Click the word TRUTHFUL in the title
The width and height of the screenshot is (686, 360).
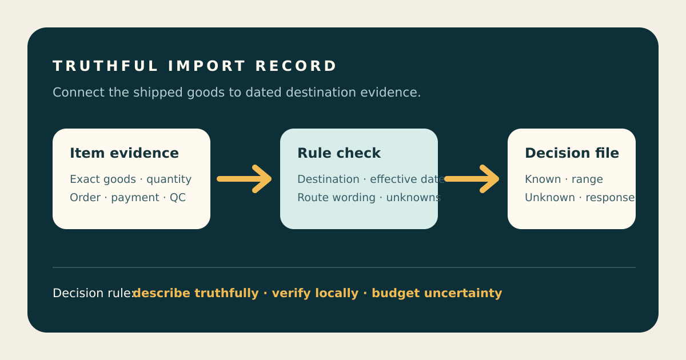click(x=105, y=66)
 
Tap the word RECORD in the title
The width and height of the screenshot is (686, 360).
click(x=296, y=66)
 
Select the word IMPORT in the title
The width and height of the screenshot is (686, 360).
click(x=207, y=66)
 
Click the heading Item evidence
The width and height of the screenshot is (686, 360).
click(x=124, y=153)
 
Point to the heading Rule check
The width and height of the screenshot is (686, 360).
click(x=339, y=153)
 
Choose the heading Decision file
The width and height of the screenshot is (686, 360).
click(x=572, y=153)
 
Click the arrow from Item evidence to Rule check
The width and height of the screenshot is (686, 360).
click(x=244, y=179)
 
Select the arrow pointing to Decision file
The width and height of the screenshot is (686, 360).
click(x=472, y=179)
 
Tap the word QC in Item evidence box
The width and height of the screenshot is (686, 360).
click(x=178, y=198)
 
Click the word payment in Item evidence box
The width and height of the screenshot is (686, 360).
click(x=135, y=198)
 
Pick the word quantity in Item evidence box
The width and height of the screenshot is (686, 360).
click(x=169, y=179)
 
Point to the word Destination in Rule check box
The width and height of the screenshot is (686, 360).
click(x=328, y=179)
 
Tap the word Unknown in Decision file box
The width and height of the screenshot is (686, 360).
click(x=550, y=198)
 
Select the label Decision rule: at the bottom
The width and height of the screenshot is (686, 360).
click(x=94, y=293)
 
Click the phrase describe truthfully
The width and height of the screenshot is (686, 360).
click(x=196, y=293)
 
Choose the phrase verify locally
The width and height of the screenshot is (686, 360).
click(x=315, y=293)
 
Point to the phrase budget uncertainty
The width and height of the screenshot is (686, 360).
click(x=437, y=293)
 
